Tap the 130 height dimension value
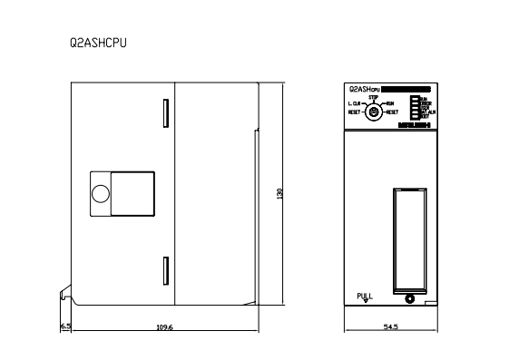tap(269, 193)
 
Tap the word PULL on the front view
tap(365, 295)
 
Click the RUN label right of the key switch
tap(390, 104)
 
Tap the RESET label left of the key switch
tap(355, 112)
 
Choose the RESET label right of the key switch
tap(392, 112)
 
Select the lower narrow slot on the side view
tap(164, 269)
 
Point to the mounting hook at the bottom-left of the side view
tap(64, 295)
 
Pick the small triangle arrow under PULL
tap(365, 302)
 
